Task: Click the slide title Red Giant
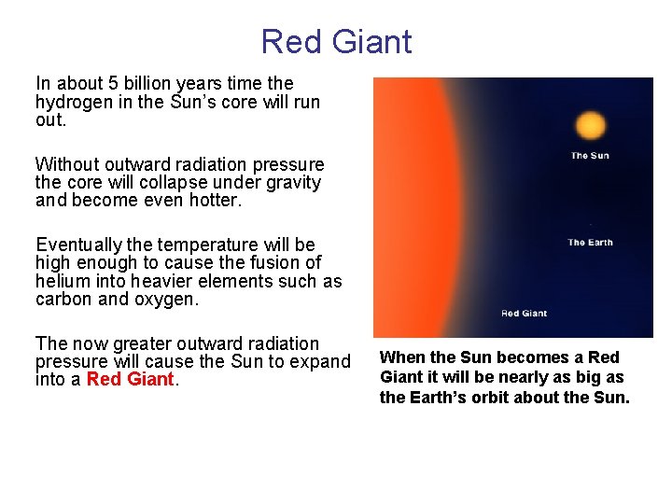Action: [336, 42]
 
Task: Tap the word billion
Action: [143, 84]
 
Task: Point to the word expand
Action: [322, 362]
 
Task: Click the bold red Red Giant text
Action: [131, 380]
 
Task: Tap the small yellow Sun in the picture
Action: [590, 125]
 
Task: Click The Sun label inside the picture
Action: [590, 155]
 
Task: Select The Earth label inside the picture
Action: [590, 243]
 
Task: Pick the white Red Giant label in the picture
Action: [524, 314]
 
